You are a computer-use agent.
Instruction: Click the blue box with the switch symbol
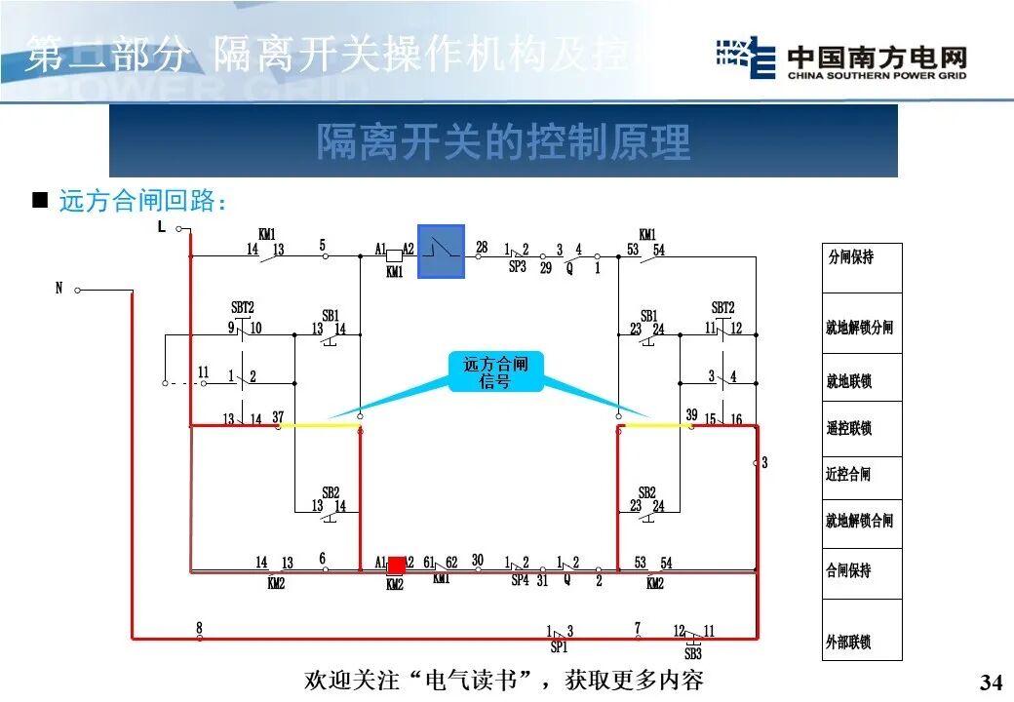point(441,252)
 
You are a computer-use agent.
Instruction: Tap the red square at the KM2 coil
point(397,566)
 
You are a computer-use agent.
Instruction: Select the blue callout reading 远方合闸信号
point(495,372)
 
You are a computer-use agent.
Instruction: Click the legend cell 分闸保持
point(862,268)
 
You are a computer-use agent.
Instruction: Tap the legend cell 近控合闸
point(862,475)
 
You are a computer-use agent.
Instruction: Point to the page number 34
point(991,681)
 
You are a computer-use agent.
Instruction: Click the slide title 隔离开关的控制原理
point(503,142)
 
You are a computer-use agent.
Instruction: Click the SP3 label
point(517,267)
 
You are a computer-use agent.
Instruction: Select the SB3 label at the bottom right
point(692,653)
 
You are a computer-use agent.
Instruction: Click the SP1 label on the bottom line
point(559,647)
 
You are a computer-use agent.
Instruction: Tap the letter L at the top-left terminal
point(162,227)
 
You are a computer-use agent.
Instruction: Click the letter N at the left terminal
point(58,289)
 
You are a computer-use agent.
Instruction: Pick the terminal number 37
point(278,416)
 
